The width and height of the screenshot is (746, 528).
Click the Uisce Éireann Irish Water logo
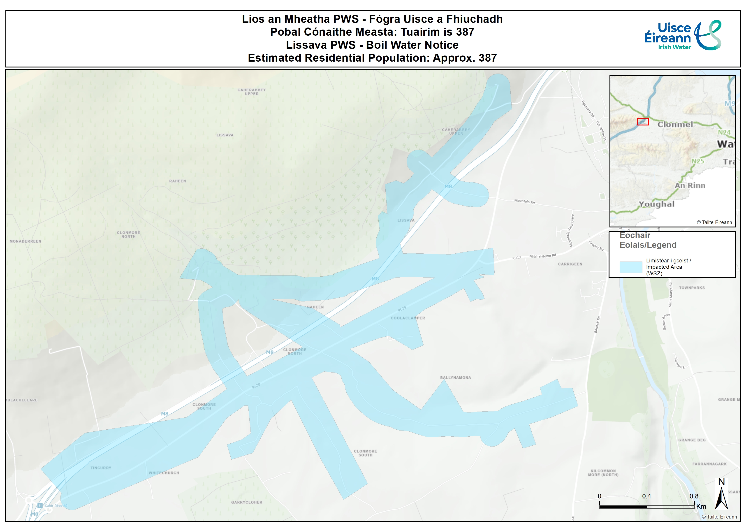[x=682, y=36]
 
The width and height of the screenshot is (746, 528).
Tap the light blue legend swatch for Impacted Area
[x=631, y=267]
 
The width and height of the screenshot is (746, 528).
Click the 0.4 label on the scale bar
[x=646, y=496]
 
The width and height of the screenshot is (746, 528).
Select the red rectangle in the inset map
[x=643, y=122]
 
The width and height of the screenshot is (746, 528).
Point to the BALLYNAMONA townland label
[x=455, y=377]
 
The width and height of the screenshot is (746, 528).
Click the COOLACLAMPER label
[x=408, y=318]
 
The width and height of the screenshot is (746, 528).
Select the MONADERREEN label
[x=25, y=241]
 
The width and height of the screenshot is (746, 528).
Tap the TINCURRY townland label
[x=101, y=468]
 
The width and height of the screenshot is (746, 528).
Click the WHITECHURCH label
[x=164, y=473]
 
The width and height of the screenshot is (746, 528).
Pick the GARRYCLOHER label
[x=247, y=502]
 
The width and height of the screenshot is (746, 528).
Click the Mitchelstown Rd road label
[x=542, y=256]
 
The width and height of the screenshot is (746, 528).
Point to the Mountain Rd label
[x=524, y=201]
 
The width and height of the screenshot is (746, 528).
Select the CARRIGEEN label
[x=570, y=264]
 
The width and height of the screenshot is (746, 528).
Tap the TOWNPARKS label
[x=692, y=288]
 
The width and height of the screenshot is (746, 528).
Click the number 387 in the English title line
[x=488, y=58]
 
